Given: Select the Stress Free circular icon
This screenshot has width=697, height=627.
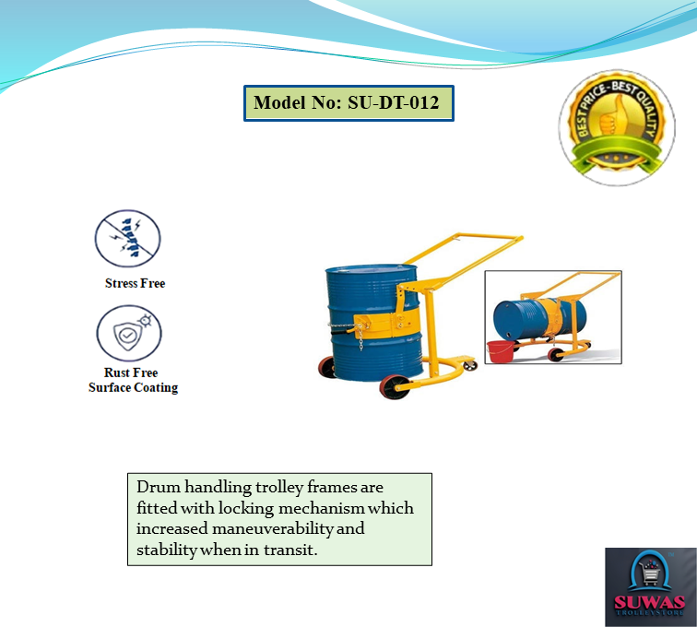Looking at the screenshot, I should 128,239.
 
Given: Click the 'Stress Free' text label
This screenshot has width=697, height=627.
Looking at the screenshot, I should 135,283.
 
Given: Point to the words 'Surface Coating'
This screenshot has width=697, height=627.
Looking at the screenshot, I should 133,388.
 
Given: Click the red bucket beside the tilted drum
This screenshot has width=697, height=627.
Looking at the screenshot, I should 501,350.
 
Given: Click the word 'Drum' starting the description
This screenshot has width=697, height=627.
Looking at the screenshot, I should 155,487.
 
